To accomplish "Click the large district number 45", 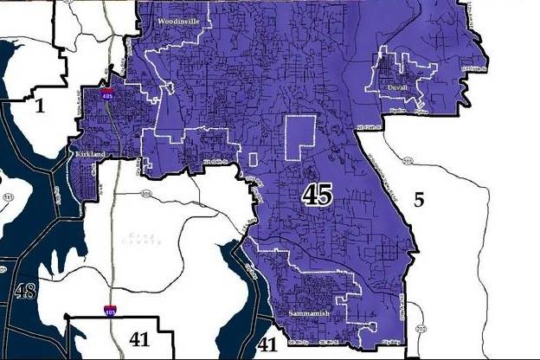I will (x=317, y=195).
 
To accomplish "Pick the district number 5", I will (x=419, y=201).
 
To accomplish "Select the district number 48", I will (x=24, y=290).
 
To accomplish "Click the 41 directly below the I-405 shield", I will (x=138, y=339).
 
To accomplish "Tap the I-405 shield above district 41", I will (x=109, y=308).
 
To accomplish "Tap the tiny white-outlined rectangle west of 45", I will (x=254, y=159).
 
